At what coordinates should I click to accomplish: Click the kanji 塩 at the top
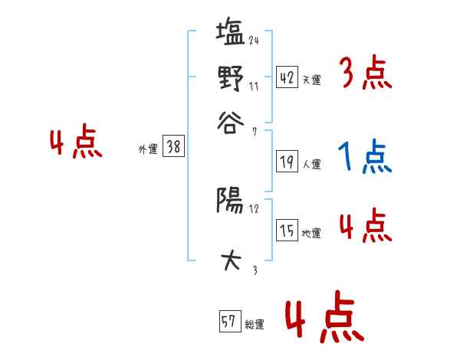(230, 35)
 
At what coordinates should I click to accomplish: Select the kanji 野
(229, 77)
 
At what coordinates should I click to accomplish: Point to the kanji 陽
(229, 201)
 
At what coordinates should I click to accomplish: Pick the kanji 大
(230, 260)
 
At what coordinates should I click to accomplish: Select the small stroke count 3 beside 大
(255, 269)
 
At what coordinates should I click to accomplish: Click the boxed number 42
(287, 77)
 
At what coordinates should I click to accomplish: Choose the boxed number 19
(287, 162)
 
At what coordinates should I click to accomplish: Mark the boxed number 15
(287, 231)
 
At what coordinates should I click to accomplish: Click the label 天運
(311, 80)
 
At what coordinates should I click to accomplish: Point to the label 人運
(311, 164)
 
